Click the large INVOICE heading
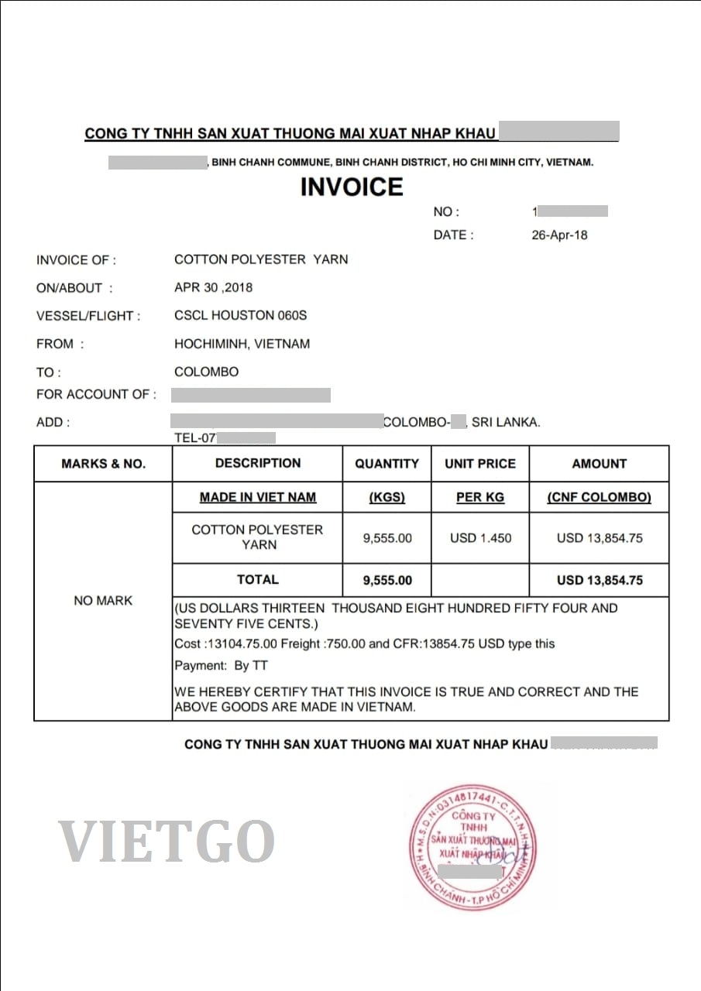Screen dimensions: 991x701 point(352,187)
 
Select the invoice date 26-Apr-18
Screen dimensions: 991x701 point(559,235)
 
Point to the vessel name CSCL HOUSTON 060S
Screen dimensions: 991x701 point(241,316)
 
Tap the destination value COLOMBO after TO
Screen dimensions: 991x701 point(206,372)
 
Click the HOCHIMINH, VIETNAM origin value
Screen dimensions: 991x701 point(242,344)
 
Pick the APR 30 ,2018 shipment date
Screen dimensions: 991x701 point(214,288)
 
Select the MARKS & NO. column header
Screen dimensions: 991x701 point(103,464)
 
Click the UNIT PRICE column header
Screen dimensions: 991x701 point(479,464)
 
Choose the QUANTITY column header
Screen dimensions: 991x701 point(387,464)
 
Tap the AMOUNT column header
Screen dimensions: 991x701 point(599,464)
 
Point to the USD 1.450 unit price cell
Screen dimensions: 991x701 point(480,538)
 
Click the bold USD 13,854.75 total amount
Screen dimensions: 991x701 point(599,580)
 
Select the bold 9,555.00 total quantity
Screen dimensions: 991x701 point(387,580)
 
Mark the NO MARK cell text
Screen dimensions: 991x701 point(103,601)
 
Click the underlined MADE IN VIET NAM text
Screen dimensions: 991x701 point(258,497)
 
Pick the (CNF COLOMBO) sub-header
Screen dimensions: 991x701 point(599,497)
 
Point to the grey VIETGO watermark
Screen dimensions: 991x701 point(167,842)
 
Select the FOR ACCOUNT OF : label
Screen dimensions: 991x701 point(96,394)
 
